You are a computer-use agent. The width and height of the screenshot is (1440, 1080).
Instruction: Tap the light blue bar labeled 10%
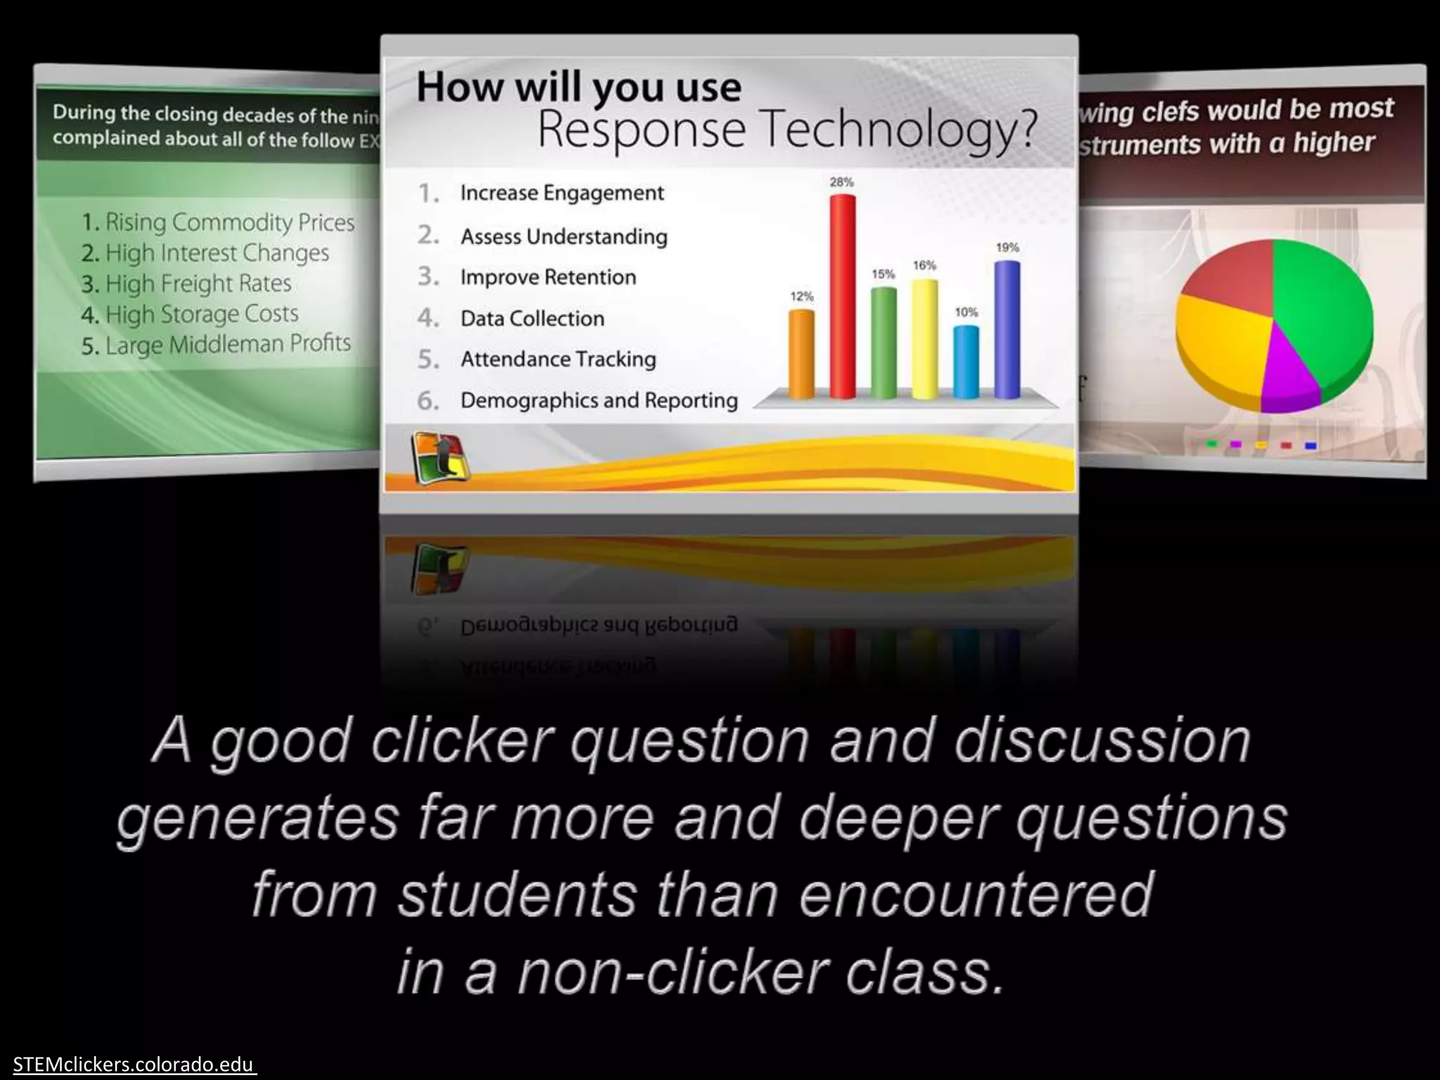click(x=966, y=361)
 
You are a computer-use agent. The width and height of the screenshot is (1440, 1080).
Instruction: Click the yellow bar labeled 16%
click(x=925, y=338)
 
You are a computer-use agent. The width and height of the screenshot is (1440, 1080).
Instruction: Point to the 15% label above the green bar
click(x=883, y=274)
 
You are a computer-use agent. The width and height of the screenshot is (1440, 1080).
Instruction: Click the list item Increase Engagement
click(x=561, y=193)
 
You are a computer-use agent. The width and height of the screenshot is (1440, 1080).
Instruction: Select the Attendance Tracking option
click(x=558, y=359)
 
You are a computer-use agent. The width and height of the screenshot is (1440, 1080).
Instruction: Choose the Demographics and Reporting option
click(x=598, y=400)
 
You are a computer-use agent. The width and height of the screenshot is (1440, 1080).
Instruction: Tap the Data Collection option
click(x=532, y=319)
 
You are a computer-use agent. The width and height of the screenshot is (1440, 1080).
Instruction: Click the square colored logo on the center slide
click(x=439, y=458)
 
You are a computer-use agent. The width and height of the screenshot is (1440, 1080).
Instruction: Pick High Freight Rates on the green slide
click(x=198, y=283)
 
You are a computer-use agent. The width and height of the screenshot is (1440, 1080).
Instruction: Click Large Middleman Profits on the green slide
click(x=227, y=345)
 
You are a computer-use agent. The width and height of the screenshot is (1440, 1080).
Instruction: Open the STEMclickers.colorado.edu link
click(x=133, y=1065)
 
